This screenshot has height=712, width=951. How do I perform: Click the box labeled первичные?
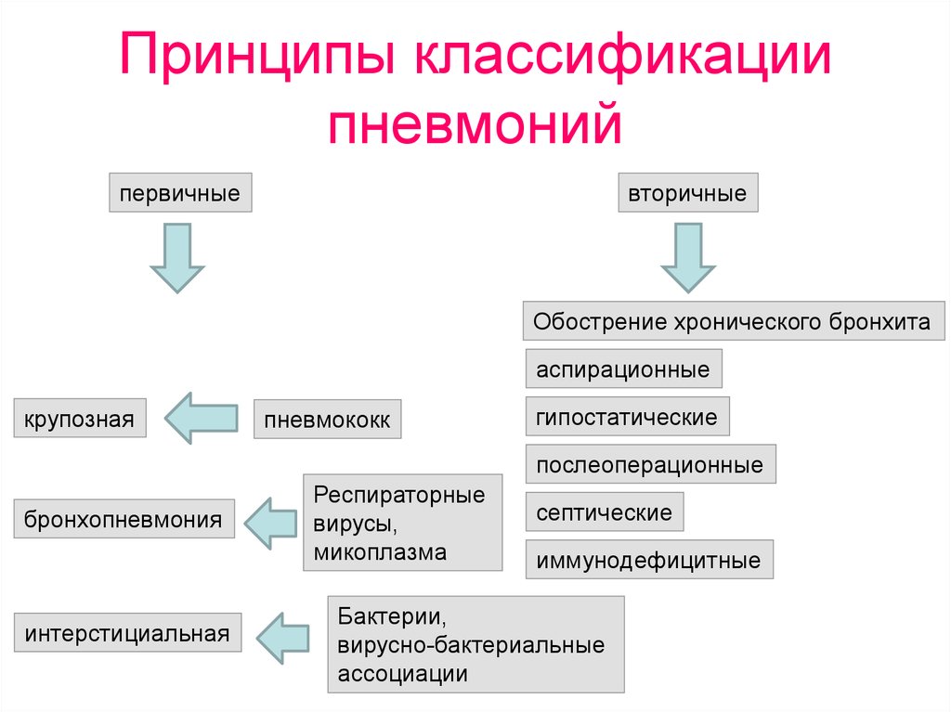pos(180,193)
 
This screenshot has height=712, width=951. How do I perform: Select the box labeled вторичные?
pos(688,193)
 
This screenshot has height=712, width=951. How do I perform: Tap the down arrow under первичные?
pos(177,258)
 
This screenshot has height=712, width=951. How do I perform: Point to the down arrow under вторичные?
pos(688,258)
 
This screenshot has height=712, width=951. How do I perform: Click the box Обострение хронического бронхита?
pos(734,320)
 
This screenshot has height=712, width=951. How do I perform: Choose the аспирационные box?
pos(623,369)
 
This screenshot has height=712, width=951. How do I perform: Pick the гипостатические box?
pos(627,416)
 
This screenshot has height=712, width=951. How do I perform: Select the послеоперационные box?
pos(650,464)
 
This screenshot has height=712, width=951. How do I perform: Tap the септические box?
pos(604,511)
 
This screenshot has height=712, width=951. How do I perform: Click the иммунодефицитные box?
pos(649,559)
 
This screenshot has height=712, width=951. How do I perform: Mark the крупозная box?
pos(80,418)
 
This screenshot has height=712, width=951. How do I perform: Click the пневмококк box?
pos(328,419)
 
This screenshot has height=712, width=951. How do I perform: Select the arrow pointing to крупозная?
pos(202,418)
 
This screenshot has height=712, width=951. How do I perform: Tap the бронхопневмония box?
pos(124,519)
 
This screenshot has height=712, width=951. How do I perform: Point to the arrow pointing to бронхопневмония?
pos(270,524)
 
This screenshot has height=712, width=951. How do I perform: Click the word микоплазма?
pos(380,552)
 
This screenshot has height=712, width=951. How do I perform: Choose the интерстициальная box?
pos(127,632)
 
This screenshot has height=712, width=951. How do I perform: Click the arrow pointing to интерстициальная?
pos(282,638)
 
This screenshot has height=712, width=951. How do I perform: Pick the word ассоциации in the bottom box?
pos(403,674)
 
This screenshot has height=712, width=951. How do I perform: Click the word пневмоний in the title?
pos(475,123)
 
